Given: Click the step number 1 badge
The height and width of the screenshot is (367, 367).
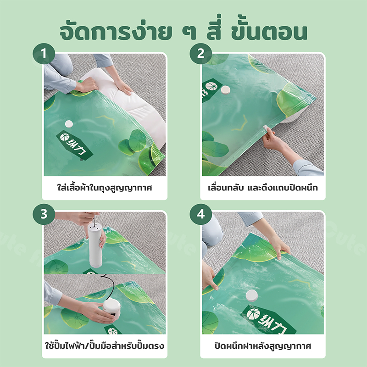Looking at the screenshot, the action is click(44, 54).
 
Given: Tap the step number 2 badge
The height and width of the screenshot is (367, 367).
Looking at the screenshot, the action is click(200, 54).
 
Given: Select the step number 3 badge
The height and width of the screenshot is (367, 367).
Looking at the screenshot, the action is click(44, 214).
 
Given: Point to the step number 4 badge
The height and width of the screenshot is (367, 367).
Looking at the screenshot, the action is click(200, 214).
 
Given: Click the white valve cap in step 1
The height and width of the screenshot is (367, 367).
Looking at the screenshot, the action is click(69, 124).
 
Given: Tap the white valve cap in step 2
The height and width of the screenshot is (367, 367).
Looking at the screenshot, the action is click(226, 90).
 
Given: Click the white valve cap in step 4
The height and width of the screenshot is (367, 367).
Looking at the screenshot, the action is click(251, 295).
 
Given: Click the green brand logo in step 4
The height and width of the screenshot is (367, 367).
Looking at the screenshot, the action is click(269, 319).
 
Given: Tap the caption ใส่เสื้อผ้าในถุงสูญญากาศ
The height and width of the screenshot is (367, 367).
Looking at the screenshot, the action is click(105, 188).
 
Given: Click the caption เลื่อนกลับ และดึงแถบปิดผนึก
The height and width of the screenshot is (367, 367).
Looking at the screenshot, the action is click(263, 188).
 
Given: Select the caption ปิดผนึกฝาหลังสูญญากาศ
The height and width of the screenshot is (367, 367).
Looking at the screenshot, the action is click(263, 346).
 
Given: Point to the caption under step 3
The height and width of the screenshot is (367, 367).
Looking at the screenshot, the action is click(105, 346).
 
